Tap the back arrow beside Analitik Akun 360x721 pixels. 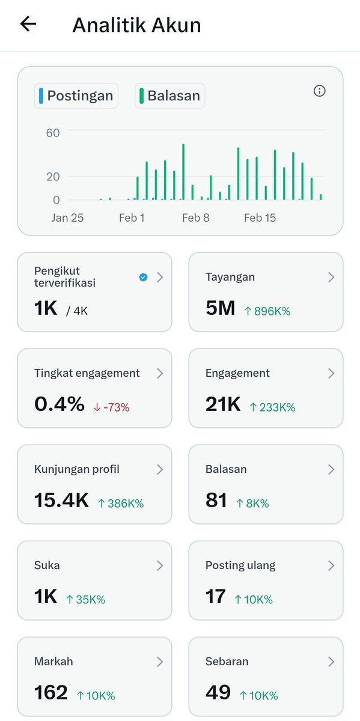click(x=28, y=24)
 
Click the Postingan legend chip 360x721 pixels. click(x=76, y=96)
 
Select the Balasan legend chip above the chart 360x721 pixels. click(x=169, y=96)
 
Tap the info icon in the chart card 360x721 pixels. click(x=319, y=91)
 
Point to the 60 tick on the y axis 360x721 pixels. click(x=53, y=133)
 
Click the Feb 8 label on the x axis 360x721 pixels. click(x=196, y=218)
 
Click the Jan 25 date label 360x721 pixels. click(x=67, y=218)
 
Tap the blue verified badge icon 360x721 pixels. click(x=143, y=277)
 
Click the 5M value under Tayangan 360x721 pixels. click(x=220, y=308)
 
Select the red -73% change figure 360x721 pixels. click(x=111, y=407)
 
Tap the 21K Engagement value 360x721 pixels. click(x=223, y=404)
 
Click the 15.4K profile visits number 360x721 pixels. click(x=61, y=500)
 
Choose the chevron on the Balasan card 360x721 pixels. click(x=331, y=470)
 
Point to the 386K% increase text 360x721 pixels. click(x=121, y=503)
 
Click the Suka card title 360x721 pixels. click(x=47, y=565)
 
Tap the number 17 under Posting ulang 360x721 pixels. click(x=215, y=596)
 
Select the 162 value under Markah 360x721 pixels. click(x=51, y=692)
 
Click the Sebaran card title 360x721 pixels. click(x=227, y=662)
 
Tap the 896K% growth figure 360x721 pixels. click(x=267, y=311)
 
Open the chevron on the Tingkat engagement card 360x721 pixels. click(x=160, y=373)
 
